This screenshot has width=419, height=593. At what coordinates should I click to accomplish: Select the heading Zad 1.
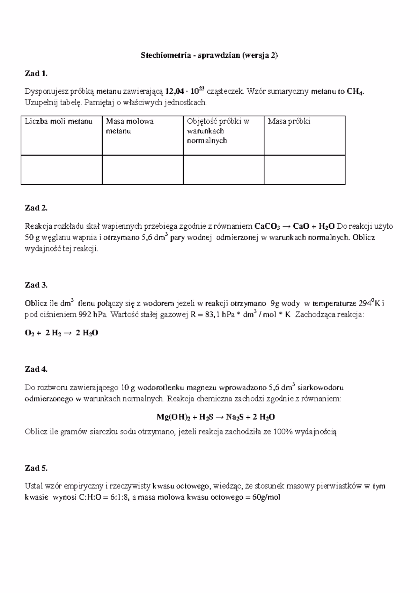point(36,73)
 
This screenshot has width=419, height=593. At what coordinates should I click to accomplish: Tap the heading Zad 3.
point(36,285)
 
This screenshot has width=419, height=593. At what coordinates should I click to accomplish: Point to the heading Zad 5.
point(36,468)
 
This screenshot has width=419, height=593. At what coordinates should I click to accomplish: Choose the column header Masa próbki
point(289,122)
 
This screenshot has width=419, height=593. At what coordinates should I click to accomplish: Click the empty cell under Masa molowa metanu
point(142,170)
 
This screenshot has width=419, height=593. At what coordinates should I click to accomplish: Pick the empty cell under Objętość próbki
point(223,170)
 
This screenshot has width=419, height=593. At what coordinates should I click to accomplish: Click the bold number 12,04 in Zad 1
point(174,92)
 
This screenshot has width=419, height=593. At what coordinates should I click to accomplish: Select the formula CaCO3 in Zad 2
point(267,227)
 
